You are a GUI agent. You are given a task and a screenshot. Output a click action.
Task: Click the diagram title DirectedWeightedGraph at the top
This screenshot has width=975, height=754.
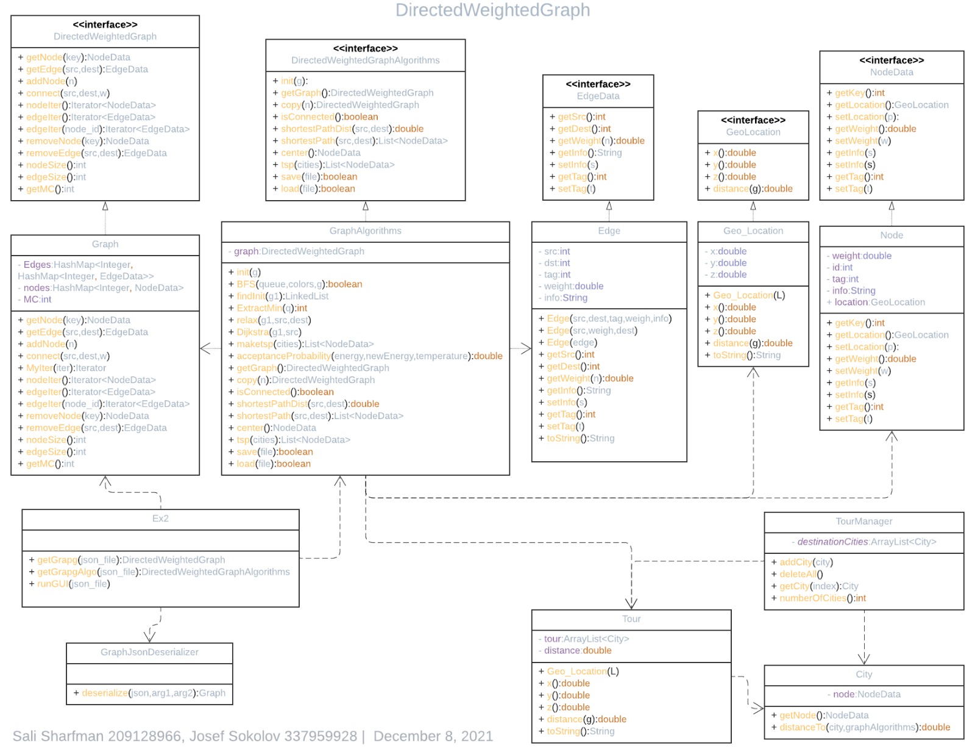(492, 10)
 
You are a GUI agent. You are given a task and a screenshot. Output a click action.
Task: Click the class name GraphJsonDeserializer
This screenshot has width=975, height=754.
(149, 652)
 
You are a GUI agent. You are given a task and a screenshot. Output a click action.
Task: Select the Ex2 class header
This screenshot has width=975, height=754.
(160, 519)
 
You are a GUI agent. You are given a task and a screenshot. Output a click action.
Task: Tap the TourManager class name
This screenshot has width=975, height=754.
(863, 521)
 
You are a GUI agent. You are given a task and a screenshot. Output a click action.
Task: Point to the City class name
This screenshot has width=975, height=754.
(863, 674)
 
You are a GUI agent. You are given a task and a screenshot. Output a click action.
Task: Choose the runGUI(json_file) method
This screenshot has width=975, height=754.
(73, 584)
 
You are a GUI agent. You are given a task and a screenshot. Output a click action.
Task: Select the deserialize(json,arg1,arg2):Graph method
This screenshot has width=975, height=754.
(153, 693)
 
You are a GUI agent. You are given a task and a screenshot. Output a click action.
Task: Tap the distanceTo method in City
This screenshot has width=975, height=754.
(864, 727)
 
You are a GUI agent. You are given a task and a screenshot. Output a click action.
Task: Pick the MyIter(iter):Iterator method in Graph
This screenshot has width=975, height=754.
(66, 368)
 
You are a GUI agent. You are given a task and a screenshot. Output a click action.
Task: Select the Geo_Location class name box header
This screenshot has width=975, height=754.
(753, 231)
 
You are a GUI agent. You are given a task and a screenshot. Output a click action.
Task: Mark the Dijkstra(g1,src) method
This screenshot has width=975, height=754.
(269, 332)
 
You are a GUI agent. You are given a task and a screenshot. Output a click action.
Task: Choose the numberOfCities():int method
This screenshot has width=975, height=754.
(822, 598)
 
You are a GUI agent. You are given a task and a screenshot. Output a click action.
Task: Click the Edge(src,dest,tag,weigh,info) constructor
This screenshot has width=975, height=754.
(609, 318)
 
